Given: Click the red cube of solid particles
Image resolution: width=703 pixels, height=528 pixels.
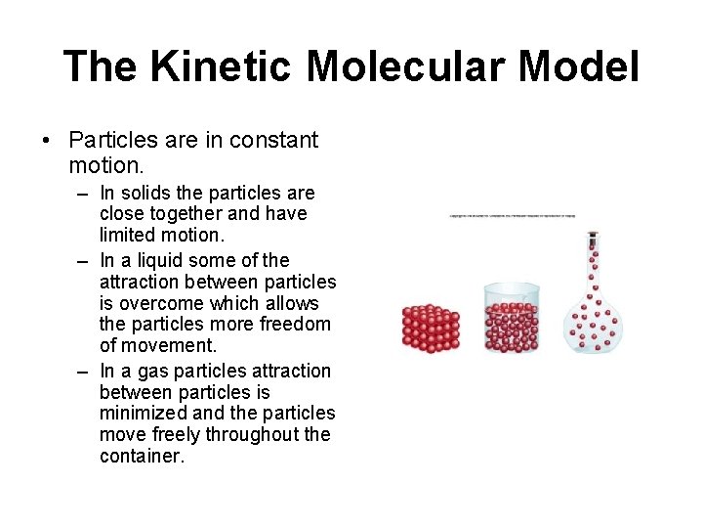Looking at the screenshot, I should point(431,328).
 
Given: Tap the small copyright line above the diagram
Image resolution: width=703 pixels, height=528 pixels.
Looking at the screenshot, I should point(512,215).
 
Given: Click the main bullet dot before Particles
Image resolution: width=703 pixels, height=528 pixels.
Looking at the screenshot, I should point(46,141).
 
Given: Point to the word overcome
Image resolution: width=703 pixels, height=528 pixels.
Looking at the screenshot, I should point(167,303).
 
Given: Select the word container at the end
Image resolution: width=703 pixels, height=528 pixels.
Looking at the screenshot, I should point(142,456).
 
